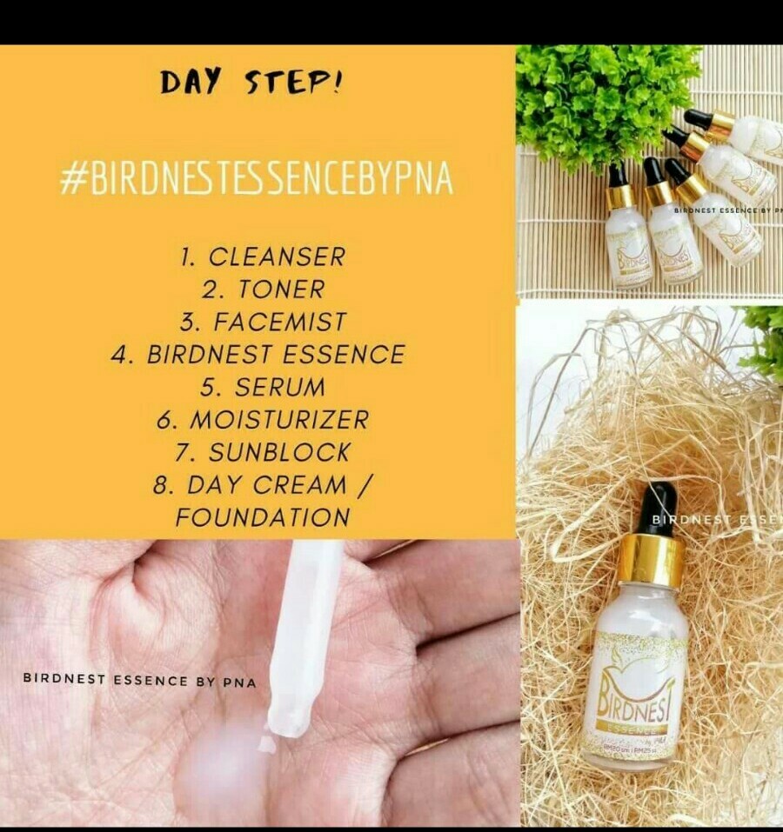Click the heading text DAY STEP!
pos(251,83)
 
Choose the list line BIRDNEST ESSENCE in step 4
pos(276,355)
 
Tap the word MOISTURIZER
pos(279,420)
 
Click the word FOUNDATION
pos(263,517)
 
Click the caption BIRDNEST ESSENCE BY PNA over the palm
pos(139,680)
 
